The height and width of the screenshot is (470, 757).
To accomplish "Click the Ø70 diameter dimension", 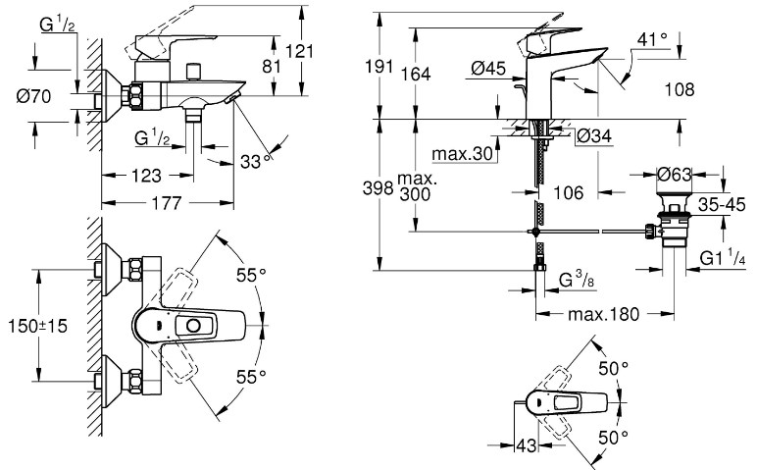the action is coord(33,96).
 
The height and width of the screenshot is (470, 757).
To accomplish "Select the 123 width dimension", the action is coord(146,176).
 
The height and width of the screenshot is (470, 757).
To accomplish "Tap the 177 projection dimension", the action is coord(167,203).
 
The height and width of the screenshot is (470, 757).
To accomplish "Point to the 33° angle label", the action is coord(257,161).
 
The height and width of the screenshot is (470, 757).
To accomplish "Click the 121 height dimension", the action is coord(299,51).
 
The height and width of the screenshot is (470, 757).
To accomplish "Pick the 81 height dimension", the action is coord(272,66).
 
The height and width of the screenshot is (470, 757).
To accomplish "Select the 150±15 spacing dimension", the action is coord(37,326).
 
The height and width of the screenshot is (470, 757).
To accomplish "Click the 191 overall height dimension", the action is coord(379,66).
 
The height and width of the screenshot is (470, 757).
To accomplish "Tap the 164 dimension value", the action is coord(416,74).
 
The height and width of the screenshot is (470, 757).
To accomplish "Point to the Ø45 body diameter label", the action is coord(488,69).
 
